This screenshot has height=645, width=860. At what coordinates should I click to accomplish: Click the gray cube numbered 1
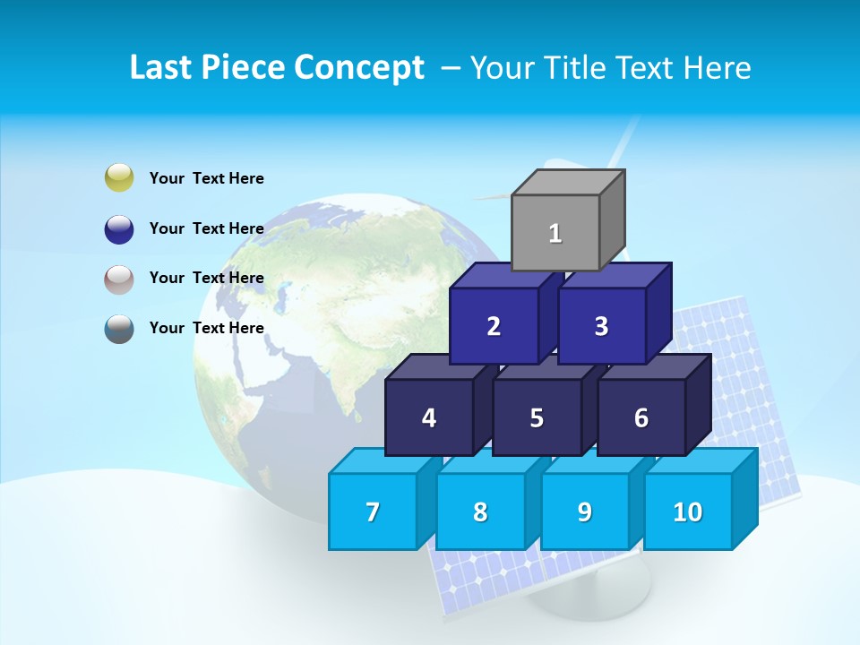pos(555,233)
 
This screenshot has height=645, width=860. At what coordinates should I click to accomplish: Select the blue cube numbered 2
pos(494,326)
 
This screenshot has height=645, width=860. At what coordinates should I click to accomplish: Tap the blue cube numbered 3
pos(601,326)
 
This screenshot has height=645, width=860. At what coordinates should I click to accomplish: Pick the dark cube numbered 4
pos(429,417)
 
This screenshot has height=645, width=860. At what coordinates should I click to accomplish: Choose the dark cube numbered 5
pos(537,417)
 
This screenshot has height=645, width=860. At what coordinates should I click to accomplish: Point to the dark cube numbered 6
pos(641,417)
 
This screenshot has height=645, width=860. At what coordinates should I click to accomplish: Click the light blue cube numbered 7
pos(373,512)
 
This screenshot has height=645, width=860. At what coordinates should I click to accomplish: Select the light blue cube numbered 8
pos(480,512)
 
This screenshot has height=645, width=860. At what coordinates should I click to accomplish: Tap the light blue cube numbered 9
pos(585,512)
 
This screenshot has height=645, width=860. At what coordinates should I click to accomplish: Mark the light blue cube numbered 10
pos(688,512)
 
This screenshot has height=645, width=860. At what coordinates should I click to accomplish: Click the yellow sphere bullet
pos(119,177)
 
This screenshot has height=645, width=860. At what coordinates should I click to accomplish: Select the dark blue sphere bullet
pos(119,228)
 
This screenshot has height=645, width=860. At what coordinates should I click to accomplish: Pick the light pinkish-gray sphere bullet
pos(119,279)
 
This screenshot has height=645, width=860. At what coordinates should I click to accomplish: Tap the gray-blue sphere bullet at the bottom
pos(119,329)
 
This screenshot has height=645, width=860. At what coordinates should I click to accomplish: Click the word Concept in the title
pos(360,68)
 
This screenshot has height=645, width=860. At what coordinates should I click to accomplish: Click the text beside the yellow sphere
pos(207,178)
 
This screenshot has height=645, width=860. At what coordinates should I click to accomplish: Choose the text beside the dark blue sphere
pos(207,228)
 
